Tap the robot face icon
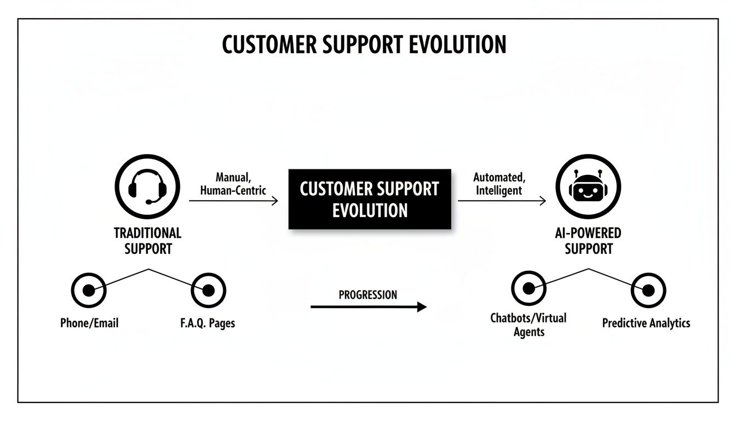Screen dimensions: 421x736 pos(588,187)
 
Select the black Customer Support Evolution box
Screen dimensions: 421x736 pos(370,199)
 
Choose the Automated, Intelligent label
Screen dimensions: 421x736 pos(499,184)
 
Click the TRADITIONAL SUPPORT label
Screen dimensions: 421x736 pos(147,241)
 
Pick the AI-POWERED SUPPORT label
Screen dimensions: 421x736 pos(588,241)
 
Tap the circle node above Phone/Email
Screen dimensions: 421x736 pos(89,289)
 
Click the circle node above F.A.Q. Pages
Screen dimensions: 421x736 pos(209,290)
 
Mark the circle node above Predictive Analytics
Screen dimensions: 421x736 pos(648,290)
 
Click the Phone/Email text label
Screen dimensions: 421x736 pos(89,323)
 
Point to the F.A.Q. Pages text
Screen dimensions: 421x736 pos(208,323)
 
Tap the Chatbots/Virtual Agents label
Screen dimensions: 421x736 pos(528,325)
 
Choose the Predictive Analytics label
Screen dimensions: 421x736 pos(646,323)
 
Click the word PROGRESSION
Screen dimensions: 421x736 pos(368,295)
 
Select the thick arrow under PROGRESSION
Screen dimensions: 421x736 pos(368,307)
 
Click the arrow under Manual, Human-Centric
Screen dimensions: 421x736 pos(233,201)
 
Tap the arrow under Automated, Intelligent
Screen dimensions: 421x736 pos(502,201)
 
